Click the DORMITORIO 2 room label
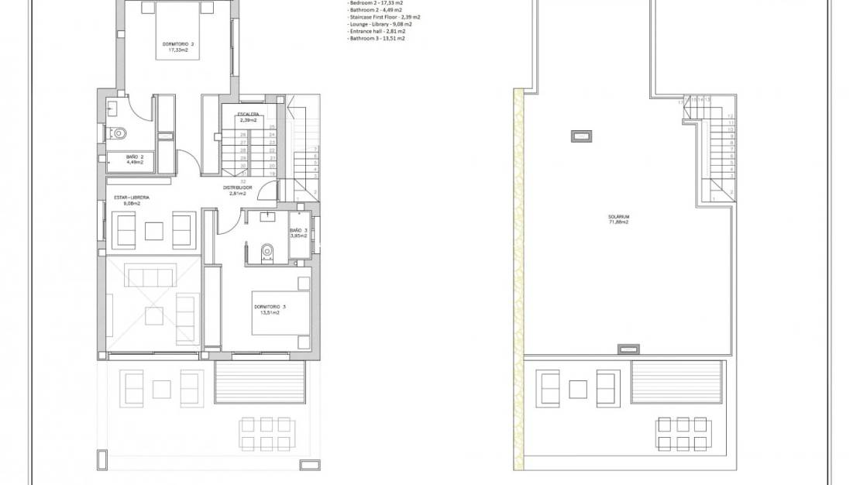[179, 44]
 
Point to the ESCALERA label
[248, 114]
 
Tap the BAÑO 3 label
[299, 231]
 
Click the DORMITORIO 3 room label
[270, 308]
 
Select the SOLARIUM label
[617, 216]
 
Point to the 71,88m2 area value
[617, 222]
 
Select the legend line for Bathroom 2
[376, 9]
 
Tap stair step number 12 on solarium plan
[730, 115]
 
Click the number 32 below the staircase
[243, 181]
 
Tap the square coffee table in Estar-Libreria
[153, 229]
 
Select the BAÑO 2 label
[135, 157]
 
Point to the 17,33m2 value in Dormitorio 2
[179, 50]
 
